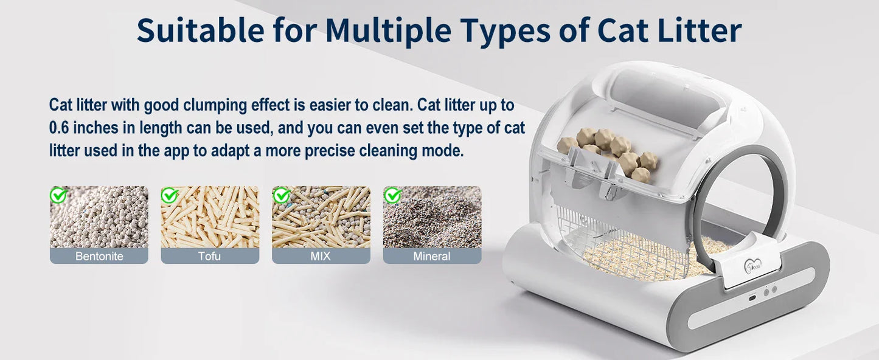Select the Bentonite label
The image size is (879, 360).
tap(99, 256)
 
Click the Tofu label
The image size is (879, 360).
tap(210, 256)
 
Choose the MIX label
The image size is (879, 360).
tap(321, 256)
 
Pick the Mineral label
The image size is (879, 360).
tap(432, 256)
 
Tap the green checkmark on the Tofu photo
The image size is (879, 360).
tap(170, 195)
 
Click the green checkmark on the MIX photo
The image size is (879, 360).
tap(281, 195)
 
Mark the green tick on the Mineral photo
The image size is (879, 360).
tap(392, 195)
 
